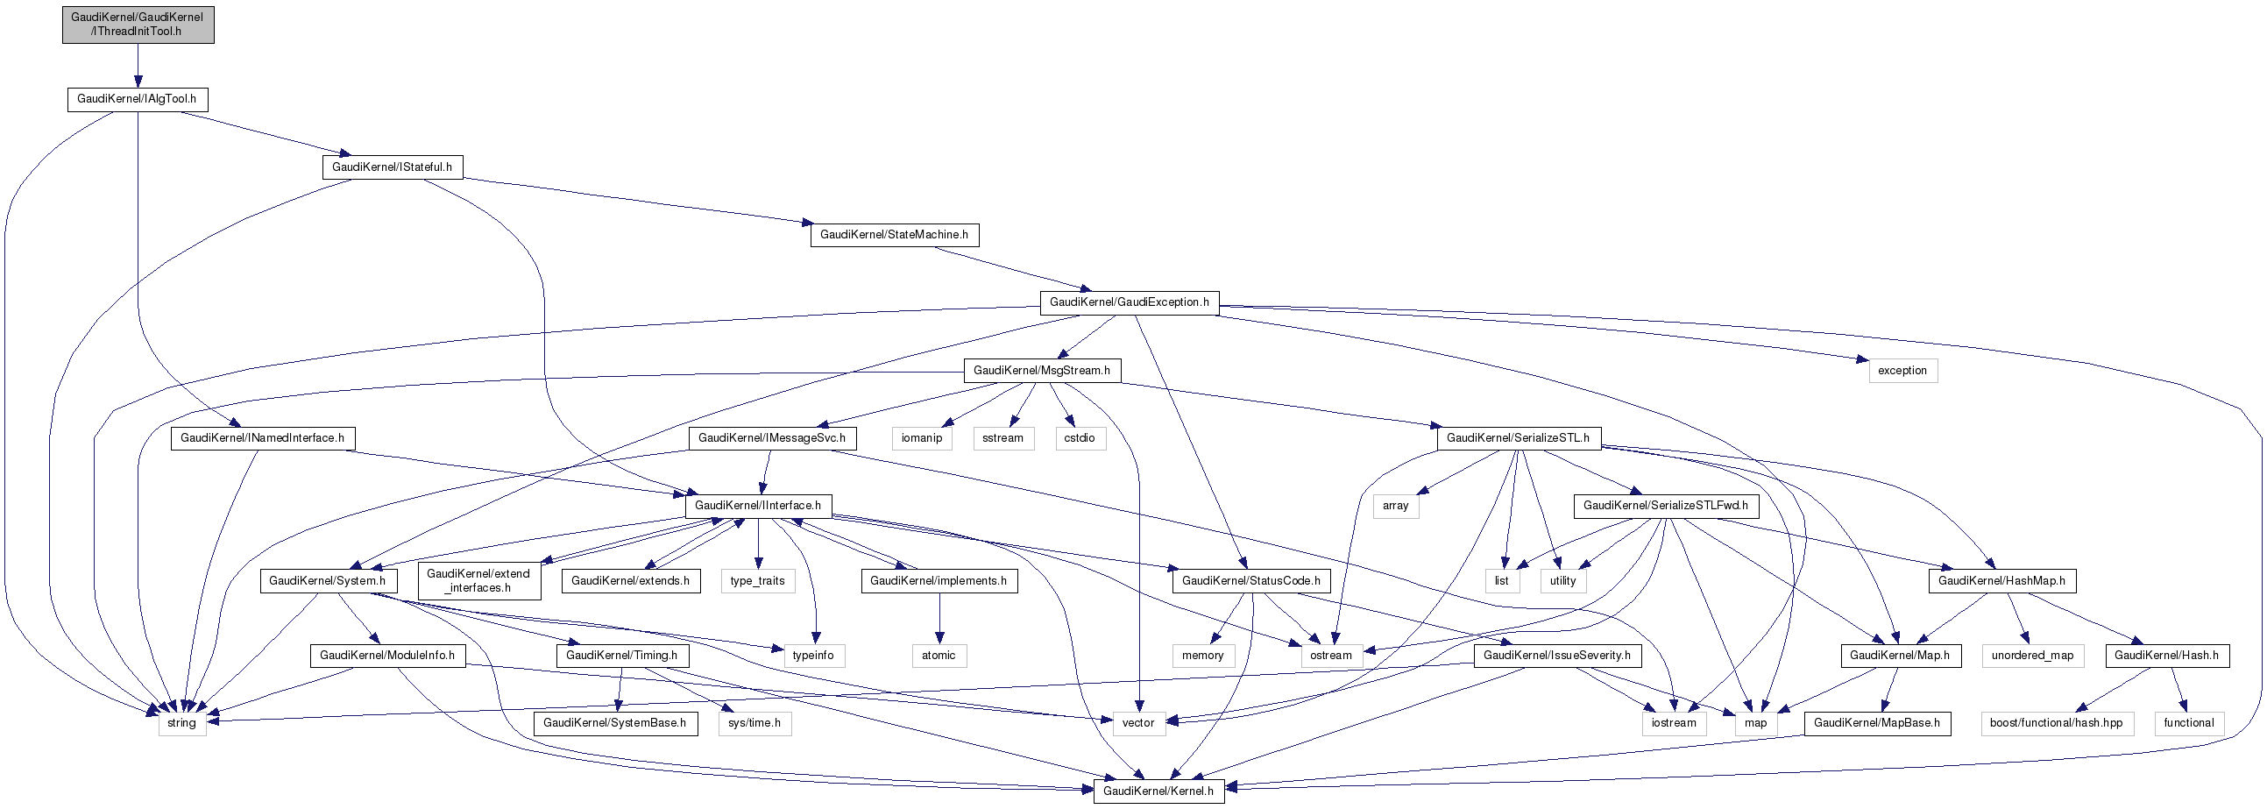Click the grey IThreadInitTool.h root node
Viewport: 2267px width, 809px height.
pos(138,24)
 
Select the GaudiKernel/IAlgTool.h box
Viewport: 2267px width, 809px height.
pos(138,98)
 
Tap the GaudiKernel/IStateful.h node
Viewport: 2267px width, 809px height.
pos(392,167)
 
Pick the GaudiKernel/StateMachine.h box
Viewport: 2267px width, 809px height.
pos(894,234)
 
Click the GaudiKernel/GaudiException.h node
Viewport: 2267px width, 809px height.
pos(1129,302)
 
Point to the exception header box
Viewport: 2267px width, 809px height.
pos(1902,371)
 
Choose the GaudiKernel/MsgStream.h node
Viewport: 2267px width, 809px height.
pos(1042,371)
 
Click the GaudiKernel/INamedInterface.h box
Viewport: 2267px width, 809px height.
pos(262,437)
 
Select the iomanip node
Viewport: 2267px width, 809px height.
pos(921,437)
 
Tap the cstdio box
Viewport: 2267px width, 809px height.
pos(1079,437)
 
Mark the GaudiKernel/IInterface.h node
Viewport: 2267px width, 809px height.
pos(758,505)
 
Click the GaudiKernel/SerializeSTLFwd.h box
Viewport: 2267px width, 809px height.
pos(1666,505)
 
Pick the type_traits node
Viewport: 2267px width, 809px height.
pos(758,581)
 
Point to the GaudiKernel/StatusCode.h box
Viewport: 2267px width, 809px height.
pos(1250,581)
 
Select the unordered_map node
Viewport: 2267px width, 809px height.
pos(2032,655)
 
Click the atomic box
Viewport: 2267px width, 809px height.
pos(939,655)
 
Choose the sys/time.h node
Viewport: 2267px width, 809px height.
pos(754,723)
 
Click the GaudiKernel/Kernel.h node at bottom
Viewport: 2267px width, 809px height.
pos(1158,791)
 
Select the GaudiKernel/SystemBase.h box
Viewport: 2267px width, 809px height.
pos(614,723)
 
